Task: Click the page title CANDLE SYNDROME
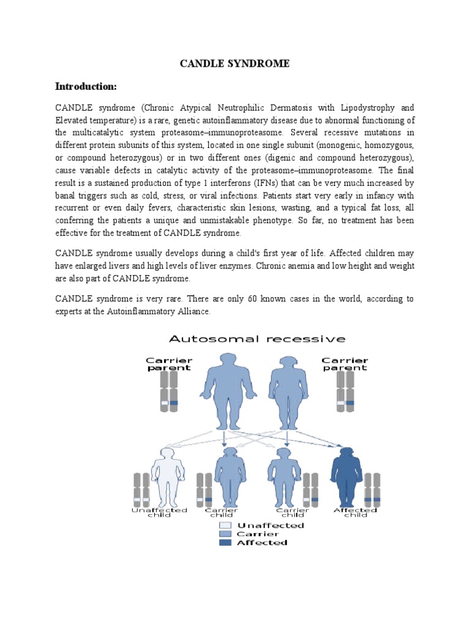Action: pos(234,64)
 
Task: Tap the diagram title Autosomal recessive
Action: pos(257,339)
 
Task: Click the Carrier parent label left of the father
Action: pos(169,364)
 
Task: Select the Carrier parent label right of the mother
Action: pos(345,364)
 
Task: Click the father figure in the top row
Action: pos(225,391)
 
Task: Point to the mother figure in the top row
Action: pos(289,391)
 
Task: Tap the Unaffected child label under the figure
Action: pos(160,512)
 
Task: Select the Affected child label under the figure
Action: pos(355,512)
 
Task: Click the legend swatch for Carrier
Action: pos(225,534)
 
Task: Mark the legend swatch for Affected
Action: pos(225,542)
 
